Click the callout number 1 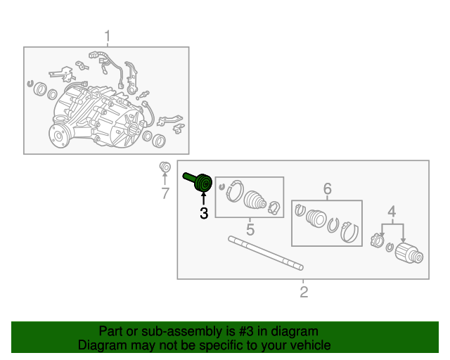click(108, 36)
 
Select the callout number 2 click(304, 292)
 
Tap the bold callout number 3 click(204, 213)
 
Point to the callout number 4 click(392, 212)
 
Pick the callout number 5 click(250, 229)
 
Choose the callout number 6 click(328, 188)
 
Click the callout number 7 click(165, 193)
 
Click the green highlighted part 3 click(198, 181)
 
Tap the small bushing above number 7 click(165, 167)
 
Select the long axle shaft click(266, 253)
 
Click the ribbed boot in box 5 click(255, 200)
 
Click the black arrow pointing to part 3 click(204, 198)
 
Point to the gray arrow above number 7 click(165, 179)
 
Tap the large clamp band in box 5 click(235, 191)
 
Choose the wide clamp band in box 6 click(350, 232)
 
